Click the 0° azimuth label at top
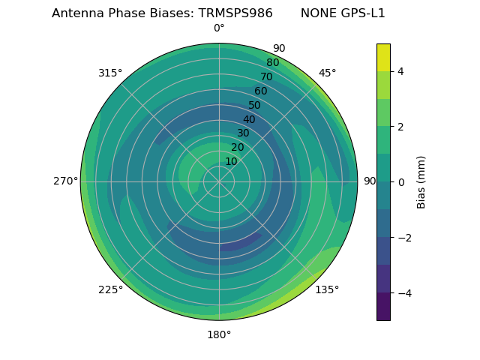click(219, 28)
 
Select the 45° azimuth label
click(327, 73)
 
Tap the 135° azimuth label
click(327, 289)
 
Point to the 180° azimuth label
click(219, 334)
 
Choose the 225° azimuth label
click(110, 289)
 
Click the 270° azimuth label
click(65, 181)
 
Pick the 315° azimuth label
click(110, 73)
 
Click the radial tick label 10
click(231, 161)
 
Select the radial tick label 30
click(243, 133)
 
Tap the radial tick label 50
click(255, 105)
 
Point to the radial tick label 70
click(267, 76)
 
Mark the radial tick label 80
click(273, 63)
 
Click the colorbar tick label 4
click(400, 71)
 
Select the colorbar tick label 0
click(400, 181)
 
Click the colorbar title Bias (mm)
click(421, 181)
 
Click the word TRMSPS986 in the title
click(235, 13)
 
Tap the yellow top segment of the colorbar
click(383, 57)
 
